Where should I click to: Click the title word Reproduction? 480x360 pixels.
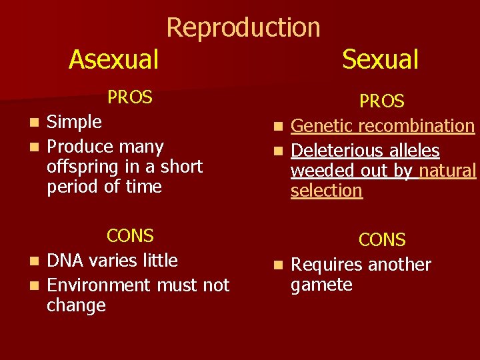pos(243,27)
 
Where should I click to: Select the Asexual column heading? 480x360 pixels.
pos(113,59)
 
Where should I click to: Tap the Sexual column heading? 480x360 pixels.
pos(380,59)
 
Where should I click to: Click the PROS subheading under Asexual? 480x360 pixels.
pos(130,97)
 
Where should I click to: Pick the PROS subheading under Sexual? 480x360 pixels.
pos(382,101)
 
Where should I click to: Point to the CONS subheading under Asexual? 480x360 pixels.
pos(130,236)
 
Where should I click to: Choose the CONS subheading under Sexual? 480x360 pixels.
pos(382,240)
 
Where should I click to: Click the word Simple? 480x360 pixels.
pos(75,122)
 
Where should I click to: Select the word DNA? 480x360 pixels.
pos(65,261)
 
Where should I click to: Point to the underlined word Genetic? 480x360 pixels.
pos(323,126)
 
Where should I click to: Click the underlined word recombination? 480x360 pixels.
pos(417,126)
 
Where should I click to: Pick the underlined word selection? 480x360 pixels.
pos(327,191)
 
